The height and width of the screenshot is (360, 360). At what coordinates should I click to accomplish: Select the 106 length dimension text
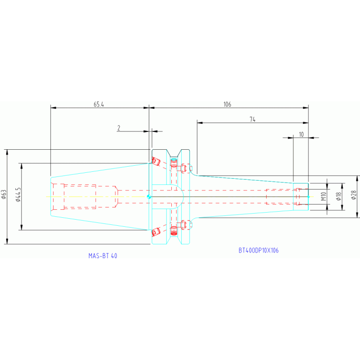(x=227, y=104)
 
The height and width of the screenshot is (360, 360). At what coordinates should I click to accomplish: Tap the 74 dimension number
(x=252, y=120)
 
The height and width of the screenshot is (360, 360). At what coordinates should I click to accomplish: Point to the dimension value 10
(x=301, y=134)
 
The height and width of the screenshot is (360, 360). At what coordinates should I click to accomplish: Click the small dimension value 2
(x=119, y=128)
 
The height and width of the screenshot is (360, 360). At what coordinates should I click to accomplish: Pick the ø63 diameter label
(x=4, y=196)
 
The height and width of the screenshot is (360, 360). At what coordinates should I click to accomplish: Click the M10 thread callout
(x=323, y=196)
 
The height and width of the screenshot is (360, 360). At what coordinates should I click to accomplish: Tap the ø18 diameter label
(x=337, y=196)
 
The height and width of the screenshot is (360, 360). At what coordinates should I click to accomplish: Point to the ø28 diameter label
(x=354, y=196)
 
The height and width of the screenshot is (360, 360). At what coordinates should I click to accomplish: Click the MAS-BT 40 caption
(x=103, y=256)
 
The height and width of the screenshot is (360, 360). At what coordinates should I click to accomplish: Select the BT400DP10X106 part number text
(x=258, y=251)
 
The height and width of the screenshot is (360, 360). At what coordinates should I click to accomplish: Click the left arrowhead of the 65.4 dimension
(x=53, y=108)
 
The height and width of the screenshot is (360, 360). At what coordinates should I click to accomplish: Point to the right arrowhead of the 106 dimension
(x=306, y=108)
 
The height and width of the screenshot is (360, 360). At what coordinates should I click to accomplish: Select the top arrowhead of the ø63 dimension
(x=7, y=152)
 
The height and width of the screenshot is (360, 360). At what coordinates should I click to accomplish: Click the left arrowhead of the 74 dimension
(x=199, y=123)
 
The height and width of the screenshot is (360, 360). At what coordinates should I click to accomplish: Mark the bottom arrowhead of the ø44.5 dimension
(x=21, y=228)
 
